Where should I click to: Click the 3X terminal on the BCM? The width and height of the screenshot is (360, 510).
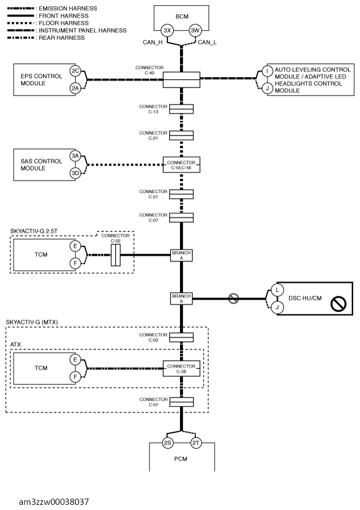point(167,31)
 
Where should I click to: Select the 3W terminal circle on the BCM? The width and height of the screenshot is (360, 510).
point(195,31)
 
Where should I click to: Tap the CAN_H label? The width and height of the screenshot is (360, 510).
point(153,43)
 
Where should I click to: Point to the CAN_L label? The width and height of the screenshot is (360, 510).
point(207,43)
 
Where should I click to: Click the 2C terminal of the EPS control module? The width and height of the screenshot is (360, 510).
point(76,71)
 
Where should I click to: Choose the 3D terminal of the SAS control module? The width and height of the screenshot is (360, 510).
point(76,173)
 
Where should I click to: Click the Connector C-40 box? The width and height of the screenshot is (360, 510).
point(181,79)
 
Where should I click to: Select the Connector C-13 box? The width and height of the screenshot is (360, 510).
point(181,109)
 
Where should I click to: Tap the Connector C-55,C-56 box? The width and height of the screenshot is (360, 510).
point(181,165)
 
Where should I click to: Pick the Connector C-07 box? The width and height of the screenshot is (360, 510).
point(181,218)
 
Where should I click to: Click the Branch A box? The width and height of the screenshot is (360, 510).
point(181,255)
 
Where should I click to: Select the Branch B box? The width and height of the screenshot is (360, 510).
point(181,299)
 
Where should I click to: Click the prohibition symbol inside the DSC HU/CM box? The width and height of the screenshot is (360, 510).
point(338,304)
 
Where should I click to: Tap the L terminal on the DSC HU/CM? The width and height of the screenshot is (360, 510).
point(277,290)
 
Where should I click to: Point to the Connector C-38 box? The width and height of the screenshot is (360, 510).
point(181,369)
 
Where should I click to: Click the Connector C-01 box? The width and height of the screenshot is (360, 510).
point(181,402)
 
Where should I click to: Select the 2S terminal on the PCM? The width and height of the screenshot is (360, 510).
point(168,442)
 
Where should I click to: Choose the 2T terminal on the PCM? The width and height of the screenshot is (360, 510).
point(196,442)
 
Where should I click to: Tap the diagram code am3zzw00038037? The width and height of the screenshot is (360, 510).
point(54,502)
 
